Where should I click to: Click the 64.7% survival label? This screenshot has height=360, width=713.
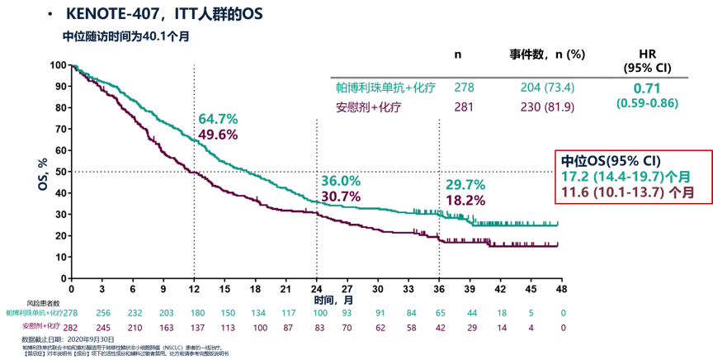[x=218, y=120]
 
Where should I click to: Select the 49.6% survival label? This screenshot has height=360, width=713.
[x=218, y=135]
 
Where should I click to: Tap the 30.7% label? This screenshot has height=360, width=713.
[x=340, y=197]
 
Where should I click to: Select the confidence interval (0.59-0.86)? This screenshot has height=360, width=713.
[x=648, y=104]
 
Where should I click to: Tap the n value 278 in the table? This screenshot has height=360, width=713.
[x=464, y=88]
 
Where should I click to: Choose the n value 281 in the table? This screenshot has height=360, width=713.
[x=464, y=107]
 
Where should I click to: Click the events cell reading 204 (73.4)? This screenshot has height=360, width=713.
[x=547, y=88]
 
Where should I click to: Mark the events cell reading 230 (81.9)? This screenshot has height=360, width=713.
[x=547, y=107]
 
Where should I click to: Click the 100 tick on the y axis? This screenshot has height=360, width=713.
[x=58, y=65]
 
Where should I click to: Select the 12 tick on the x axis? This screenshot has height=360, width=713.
[x=194, y=290]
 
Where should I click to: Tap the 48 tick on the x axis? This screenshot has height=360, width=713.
[x=560, y=290]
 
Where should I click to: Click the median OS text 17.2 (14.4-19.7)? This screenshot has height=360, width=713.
[x=624, y=176]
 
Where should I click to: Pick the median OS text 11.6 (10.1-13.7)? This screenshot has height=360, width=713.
[x=624, y=192]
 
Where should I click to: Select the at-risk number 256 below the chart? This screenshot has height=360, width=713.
[x=102, y=313]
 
